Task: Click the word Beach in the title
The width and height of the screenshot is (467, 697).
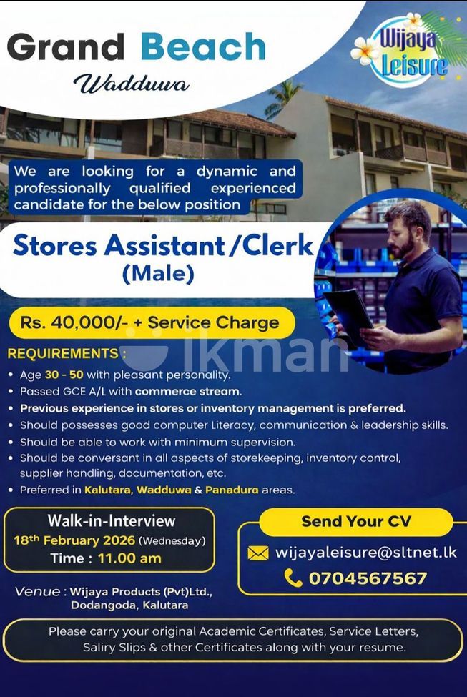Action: tap(203, 46)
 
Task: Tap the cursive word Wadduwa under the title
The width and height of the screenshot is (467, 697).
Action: tap(132, 84)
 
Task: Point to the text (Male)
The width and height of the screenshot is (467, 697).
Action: tap(158, 273)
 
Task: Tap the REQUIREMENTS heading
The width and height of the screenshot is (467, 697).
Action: tap(63, 353)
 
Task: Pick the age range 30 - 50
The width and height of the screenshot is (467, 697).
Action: tap(64, 375)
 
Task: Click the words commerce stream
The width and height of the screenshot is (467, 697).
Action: tap(187, 392)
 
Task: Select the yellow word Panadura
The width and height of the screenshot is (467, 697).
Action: tap(232, 490)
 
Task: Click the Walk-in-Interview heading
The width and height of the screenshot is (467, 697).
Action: tap(112, 520)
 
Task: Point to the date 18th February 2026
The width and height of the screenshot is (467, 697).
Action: tap(74, 540)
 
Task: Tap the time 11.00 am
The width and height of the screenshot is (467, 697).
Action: tap(129, 558)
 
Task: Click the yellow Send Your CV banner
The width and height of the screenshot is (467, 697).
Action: tap(356, 522)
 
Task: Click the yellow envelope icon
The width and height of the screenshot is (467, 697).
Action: tap(258, 553)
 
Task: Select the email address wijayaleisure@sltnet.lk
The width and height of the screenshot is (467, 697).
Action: tap(366, 552)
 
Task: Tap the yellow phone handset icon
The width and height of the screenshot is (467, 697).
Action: tap(293, 578)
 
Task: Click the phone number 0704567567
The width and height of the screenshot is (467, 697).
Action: tap(368, 578)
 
